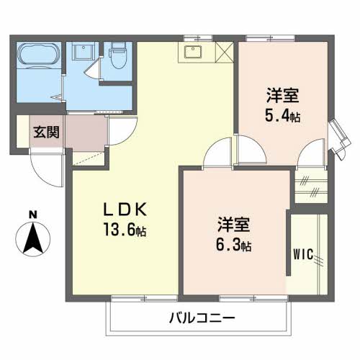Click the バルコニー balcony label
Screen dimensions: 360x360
(x=202, y=318)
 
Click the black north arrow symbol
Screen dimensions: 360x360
(x=32, y=240)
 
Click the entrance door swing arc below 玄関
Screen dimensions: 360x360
(x=45, y=167)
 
